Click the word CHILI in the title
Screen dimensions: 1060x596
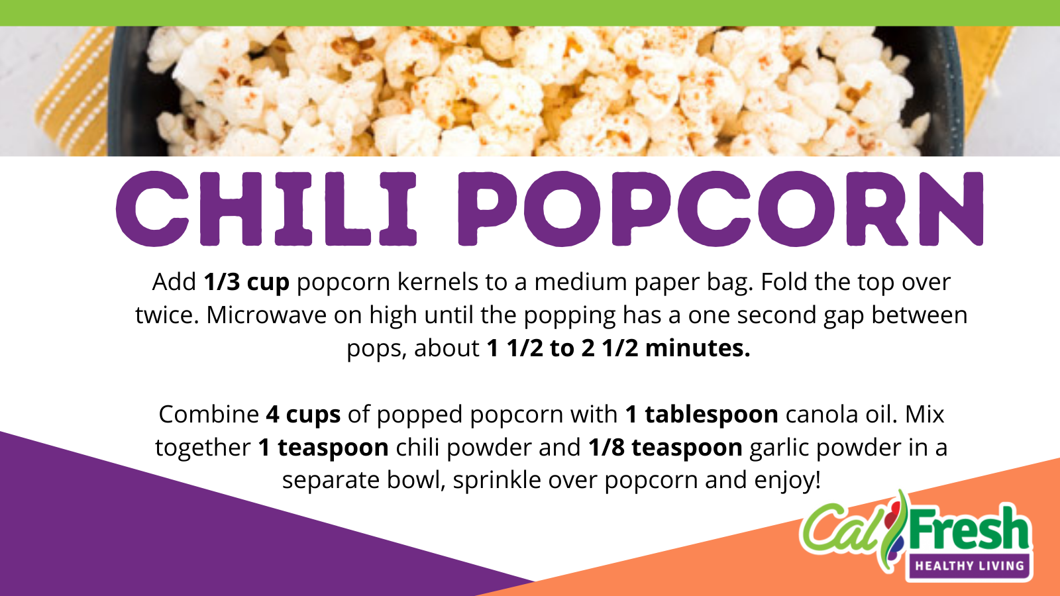(x=266, y=209)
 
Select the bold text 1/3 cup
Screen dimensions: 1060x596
(x=246, y=282)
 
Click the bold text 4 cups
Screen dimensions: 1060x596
(x=303, y=415)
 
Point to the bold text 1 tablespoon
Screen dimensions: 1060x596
(x=702, y=415)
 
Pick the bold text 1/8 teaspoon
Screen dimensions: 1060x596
(x=665, y=448)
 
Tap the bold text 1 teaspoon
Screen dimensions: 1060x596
(x=324, y=448)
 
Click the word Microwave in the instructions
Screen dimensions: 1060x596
(x=266, y=315)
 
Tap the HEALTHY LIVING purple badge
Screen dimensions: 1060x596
(x=970, y=566)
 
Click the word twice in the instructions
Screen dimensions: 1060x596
(x=166, y=315)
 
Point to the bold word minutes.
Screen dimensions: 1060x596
(x=698, y=348)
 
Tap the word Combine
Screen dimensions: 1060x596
(x=209, y=415)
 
